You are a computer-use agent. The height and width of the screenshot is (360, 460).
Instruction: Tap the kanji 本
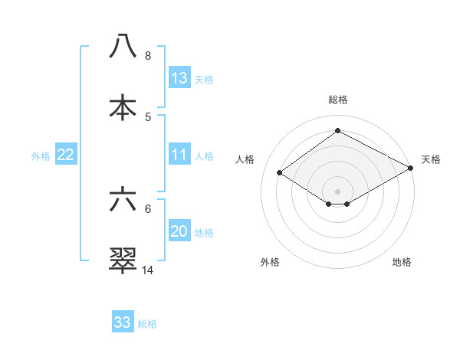(123, 106)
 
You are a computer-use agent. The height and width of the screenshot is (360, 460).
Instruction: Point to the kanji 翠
(123, 260)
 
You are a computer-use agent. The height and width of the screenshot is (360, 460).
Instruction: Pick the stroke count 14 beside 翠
(148, 270)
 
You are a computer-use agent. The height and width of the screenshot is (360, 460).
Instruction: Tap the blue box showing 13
(179, 78)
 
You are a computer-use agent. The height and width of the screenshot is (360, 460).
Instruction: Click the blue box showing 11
(179, 155)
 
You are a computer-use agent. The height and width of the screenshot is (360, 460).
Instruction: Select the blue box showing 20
(179, 231)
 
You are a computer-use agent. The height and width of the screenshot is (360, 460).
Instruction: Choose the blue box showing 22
(66, 155)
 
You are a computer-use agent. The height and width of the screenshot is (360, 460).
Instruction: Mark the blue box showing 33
(123, 322)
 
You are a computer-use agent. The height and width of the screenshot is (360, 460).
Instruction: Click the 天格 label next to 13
(204, 80)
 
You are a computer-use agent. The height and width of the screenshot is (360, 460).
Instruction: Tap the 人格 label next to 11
(204, 156)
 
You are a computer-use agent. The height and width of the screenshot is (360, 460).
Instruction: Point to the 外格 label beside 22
(41, 156)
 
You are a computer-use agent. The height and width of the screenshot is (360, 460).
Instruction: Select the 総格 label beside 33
(147, 324)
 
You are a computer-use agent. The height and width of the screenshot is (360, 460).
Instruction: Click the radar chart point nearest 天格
(412, 168)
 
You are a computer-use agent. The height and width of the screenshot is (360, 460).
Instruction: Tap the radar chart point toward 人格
(280, 173)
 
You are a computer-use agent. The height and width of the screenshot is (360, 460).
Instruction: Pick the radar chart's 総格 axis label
(338, 100)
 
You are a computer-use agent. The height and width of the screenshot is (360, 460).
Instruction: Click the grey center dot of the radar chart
(338, 191)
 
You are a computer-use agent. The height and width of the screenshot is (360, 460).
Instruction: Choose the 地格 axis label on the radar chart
(402, 262)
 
